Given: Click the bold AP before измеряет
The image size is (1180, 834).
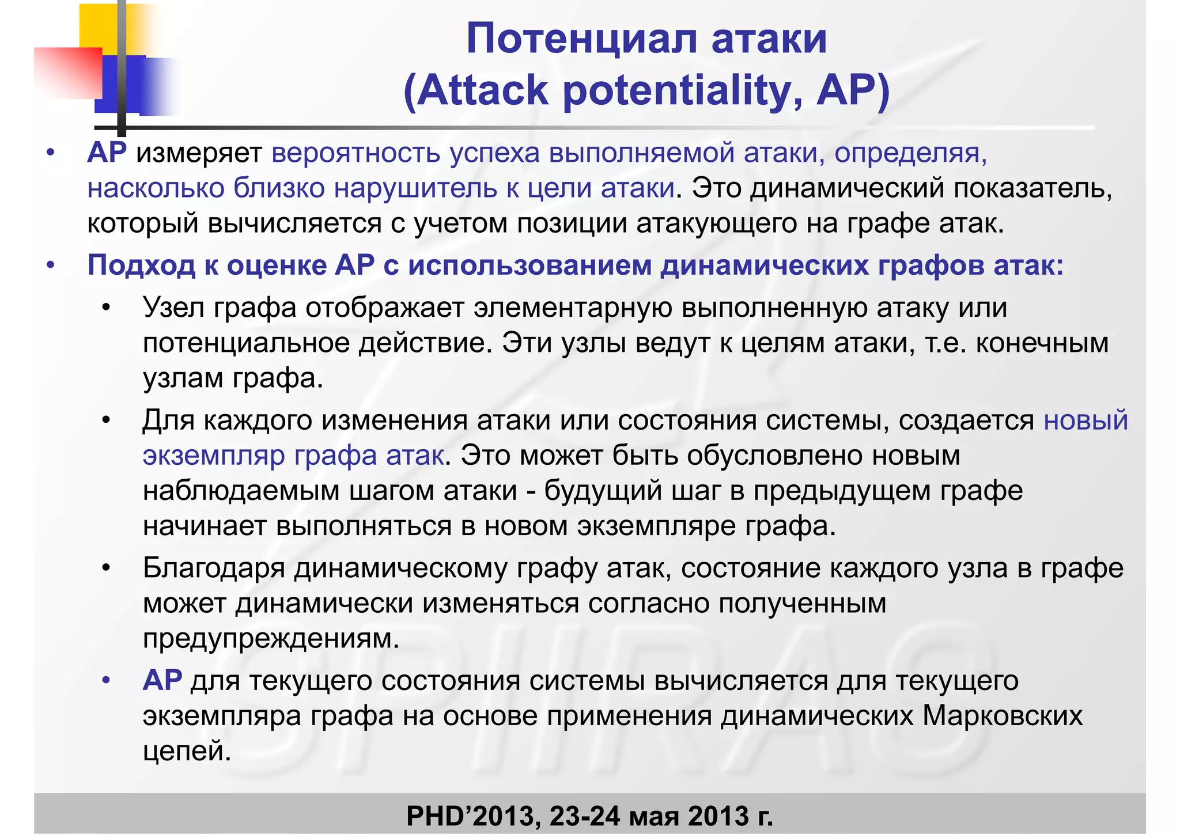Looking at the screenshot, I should point(107,153).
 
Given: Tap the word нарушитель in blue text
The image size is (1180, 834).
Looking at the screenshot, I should point(415,188).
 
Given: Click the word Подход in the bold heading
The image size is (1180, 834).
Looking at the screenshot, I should point(141,266).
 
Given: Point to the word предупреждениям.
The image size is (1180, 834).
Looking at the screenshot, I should point(271,639).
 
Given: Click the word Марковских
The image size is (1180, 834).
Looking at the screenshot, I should point(1003,716).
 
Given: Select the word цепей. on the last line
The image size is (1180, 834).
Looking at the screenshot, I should point(187,751).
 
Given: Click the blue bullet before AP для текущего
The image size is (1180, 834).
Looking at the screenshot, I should point(105,681).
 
